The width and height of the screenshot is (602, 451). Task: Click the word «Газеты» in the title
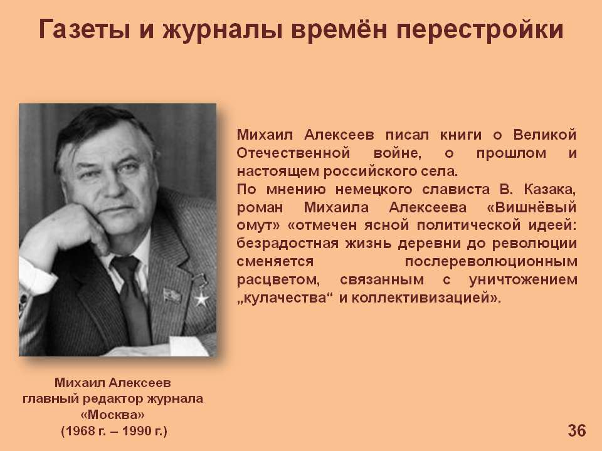click(x=84, y=30)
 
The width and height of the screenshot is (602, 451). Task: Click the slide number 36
click(x=577, y=431)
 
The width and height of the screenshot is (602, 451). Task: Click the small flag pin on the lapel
click(x=171, y=296)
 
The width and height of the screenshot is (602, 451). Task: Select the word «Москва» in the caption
click(x=113, y=415)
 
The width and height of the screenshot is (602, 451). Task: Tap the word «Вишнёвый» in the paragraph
click(x=535, y=207)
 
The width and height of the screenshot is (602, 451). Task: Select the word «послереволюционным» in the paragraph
click(x=491, y=262)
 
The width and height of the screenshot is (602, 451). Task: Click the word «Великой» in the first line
click(x=545, y=135)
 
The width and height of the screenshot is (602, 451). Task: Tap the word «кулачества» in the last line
click(x=285, y=298)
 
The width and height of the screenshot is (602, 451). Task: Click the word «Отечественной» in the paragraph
click(x=293, y=153)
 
